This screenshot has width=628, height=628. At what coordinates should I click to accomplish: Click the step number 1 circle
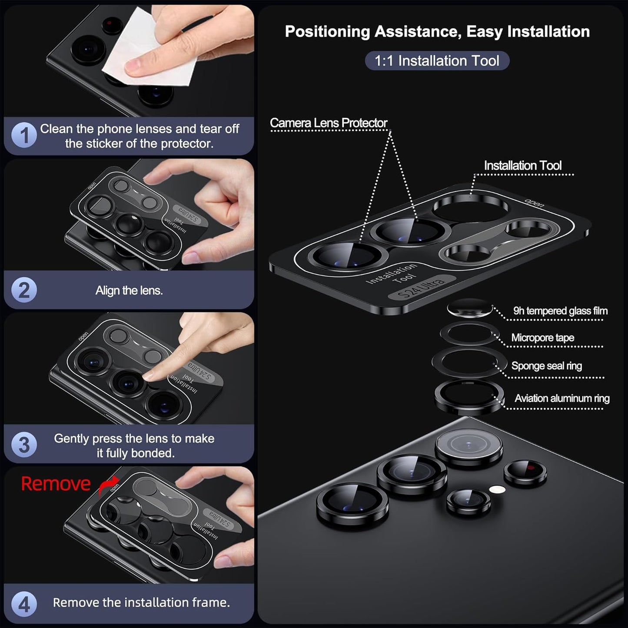[x=24, y=136]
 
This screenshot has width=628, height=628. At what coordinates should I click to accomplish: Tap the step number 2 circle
[x=24, y=290]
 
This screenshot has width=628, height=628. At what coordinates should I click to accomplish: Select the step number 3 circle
[x=24, y=445]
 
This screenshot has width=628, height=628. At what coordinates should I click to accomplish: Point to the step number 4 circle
[x=24, y=604]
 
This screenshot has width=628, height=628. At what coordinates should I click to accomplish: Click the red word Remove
[x=56, y=484]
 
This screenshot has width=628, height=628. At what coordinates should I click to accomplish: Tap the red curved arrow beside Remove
[x=108, y=486]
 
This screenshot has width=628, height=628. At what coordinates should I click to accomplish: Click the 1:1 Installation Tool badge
[x=437, y=60]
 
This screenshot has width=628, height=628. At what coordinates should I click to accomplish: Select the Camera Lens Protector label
[x=329, y=123]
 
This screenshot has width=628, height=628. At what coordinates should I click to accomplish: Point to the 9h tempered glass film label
[x=560, y=311]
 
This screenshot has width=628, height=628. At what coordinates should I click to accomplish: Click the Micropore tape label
[x=542, y=338]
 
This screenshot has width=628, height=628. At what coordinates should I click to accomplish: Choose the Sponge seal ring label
[x=546, y=366]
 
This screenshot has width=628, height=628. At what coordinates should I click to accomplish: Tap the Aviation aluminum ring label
[x=562, y=398]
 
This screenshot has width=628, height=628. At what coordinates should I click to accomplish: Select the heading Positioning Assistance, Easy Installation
[x=437, y=31]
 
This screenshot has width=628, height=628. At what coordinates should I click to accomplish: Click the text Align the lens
[x=129, y=290]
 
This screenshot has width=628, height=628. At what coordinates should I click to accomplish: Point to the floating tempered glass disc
[x=469, y=309]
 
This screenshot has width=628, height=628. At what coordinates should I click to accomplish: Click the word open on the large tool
[x=534, y=203]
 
